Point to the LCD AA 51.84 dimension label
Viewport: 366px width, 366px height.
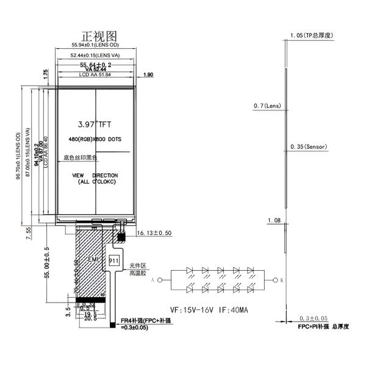click(x=95, y=75)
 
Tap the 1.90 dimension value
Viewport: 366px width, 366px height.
click(x=148, y=75)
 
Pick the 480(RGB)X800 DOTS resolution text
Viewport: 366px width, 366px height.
click(x=95, y=140)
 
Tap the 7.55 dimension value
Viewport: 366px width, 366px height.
click(x=28, y=234)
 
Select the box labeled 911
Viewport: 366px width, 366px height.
click(x=113, y=260)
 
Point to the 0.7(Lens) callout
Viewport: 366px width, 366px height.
click(x=267, y=106)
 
